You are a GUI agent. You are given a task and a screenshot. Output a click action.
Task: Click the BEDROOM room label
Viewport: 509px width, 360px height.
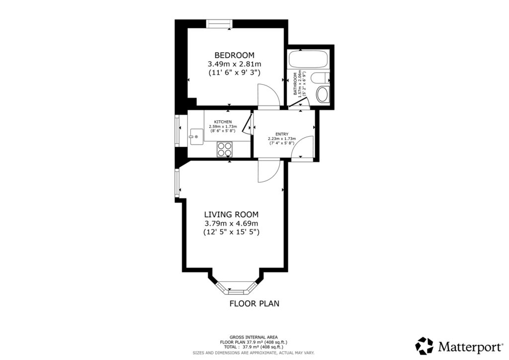[235, 55]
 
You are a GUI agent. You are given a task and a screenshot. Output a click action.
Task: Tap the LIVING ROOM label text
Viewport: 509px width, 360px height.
[231, 215]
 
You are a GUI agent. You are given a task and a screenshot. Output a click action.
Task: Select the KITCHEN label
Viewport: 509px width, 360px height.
[223, 122]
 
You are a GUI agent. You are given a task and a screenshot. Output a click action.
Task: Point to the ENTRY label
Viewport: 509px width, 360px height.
[282, 134]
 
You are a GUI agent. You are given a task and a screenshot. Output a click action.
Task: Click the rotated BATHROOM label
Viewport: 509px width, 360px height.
[295, 84]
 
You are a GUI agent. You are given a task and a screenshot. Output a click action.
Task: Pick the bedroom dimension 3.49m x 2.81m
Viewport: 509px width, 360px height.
[235, 64]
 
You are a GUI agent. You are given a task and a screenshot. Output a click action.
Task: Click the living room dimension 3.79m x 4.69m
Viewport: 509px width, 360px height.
[231, 223]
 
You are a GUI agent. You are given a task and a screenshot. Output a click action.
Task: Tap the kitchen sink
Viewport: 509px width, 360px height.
[196, 135]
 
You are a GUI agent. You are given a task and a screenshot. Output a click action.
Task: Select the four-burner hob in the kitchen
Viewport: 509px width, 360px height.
[225, 150]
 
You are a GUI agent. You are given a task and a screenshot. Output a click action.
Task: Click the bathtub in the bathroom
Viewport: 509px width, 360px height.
[308, 59]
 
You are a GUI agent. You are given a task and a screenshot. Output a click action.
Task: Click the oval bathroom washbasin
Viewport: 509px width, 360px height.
[322, 94]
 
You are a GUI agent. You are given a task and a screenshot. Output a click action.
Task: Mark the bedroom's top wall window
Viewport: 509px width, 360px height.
[219, 24]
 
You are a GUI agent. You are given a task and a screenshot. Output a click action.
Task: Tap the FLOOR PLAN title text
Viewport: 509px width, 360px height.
[254, 304]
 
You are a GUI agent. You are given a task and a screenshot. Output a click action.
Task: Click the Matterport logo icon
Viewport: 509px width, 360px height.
[424, 346]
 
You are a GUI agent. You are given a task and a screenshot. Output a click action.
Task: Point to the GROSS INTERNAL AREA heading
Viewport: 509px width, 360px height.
[254, 337]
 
